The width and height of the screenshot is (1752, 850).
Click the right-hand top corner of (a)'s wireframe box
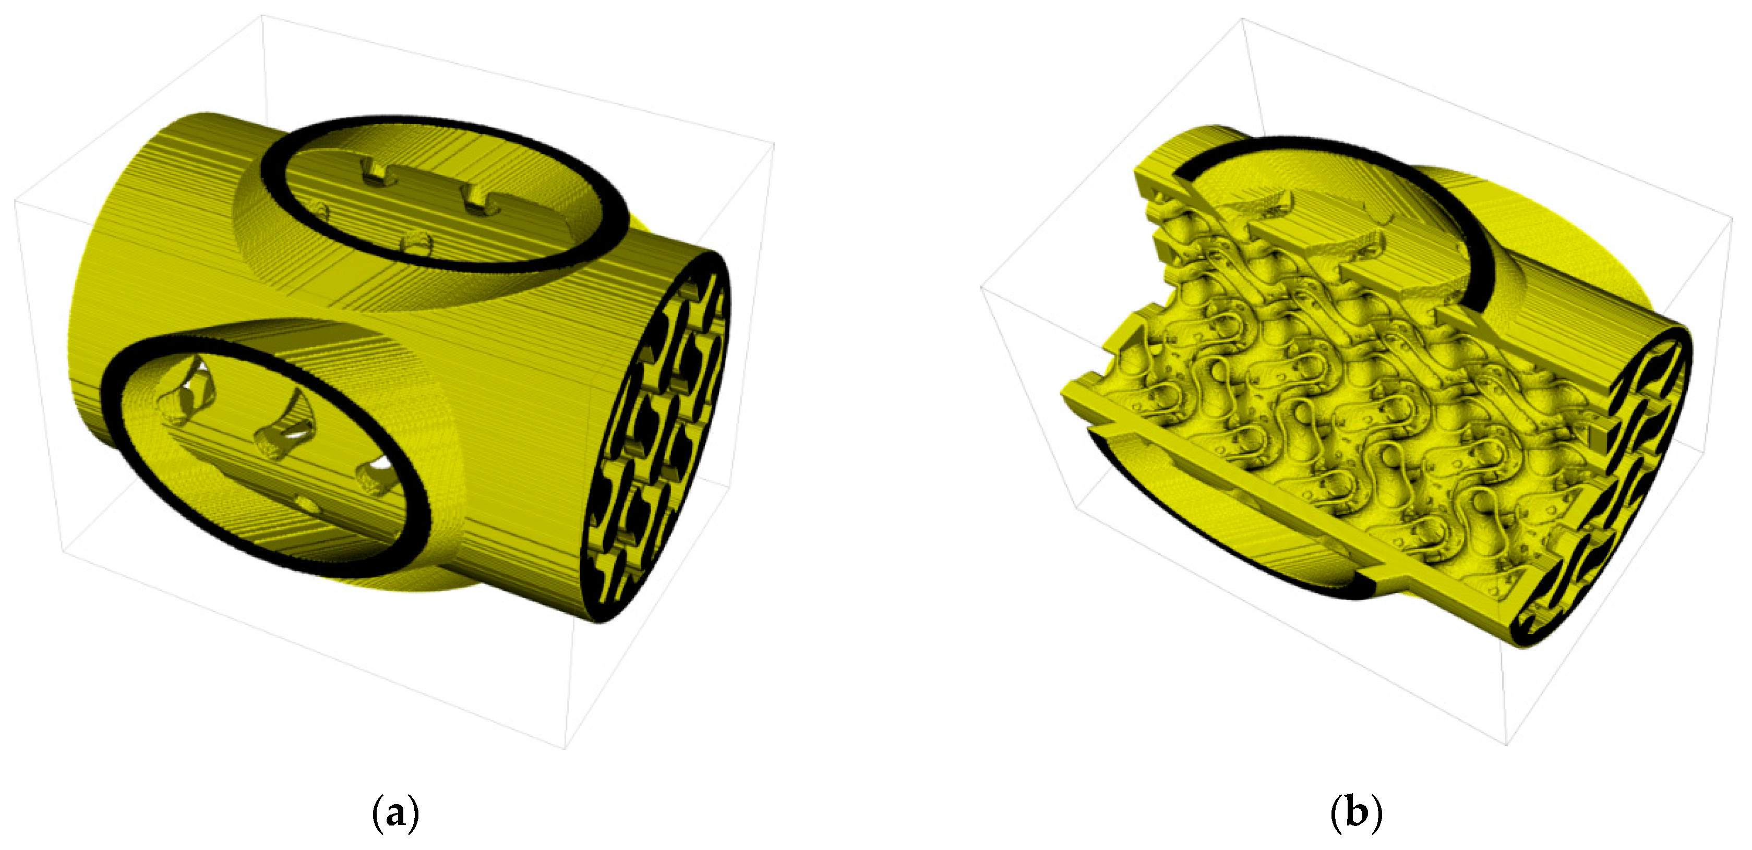point(774,143)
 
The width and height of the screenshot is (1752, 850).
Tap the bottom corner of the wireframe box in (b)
point(1506,745)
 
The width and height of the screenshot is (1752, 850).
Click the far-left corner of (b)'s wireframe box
point(981,288)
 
